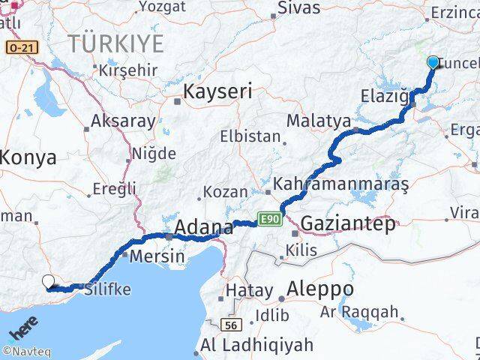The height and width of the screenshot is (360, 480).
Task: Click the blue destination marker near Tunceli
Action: [433, 62]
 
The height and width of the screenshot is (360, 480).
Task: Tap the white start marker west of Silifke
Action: [49, 282]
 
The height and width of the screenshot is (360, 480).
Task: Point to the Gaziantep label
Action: [347, 223]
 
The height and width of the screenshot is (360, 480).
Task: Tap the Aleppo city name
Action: [320, 289]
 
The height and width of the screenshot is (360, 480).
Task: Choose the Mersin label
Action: [157, 256]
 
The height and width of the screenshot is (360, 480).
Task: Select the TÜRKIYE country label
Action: [115, 43]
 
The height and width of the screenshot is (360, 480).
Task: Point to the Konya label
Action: [28, 157]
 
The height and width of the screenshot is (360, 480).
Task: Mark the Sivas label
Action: [298, 8]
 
